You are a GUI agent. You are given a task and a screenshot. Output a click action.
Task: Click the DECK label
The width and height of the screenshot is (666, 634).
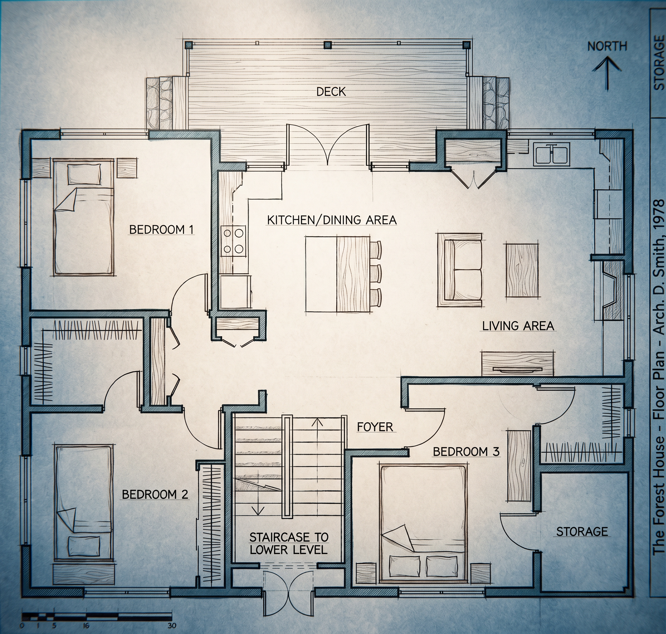(x=331, y=92)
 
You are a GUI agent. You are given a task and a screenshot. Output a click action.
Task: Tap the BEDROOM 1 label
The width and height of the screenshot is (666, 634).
(x=162, y=230)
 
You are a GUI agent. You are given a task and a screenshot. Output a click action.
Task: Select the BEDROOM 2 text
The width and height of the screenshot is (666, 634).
(x=155, y=494)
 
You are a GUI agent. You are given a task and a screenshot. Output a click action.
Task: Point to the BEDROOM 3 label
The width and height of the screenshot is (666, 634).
(x=466, y=452)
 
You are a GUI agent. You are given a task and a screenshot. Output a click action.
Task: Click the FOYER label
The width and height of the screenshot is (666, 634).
(x=375, y=427)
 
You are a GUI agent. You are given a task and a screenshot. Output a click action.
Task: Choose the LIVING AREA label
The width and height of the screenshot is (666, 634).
(x=518, y=326)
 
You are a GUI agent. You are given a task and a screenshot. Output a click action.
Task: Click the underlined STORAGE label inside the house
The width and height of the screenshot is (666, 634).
(x=582, y=531)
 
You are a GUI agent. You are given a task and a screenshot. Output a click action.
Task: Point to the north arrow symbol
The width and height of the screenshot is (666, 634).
(x=607, y=73)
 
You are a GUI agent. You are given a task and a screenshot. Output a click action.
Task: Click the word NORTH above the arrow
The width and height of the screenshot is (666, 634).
(x=607, y=46)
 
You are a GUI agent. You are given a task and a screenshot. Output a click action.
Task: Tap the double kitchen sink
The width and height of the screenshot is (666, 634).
(x=552, y=154)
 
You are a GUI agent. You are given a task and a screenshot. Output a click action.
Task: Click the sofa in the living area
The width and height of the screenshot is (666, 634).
(x=459, y=270)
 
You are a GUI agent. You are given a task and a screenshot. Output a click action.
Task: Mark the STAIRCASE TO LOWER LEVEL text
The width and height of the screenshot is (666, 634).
(x=289, y=543)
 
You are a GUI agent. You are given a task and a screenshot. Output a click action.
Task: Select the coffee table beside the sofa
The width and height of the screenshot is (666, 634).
(x=522, y=270)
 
